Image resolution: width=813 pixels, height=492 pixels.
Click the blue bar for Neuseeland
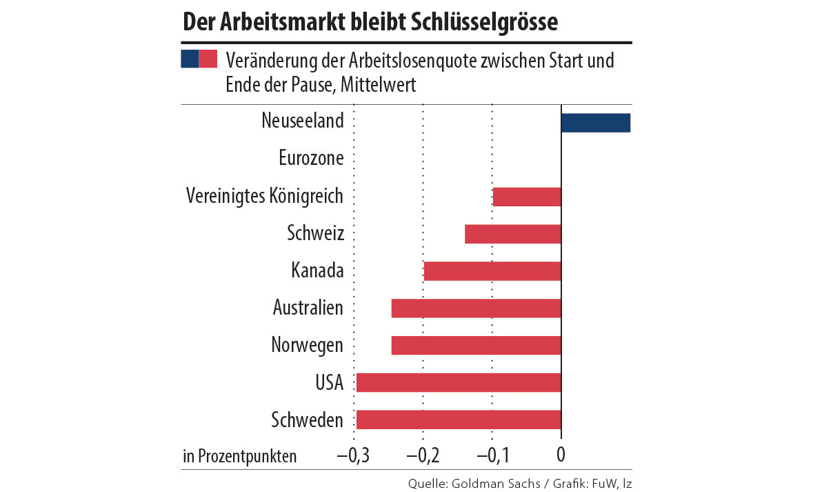click(596, 122)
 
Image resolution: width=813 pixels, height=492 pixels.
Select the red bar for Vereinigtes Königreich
click(527, 197)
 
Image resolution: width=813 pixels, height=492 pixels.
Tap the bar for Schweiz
click(513, 234)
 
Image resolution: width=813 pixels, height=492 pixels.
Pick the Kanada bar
click(492, 271)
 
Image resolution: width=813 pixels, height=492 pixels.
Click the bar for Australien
click(476, 308)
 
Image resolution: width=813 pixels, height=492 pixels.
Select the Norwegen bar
click(476, 346)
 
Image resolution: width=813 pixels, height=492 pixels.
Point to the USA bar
click(459, 383)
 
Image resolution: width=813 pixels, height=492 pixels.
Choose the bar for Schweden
click(459, 420)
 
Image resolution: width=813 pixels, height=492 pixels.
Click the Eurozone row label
click(311, 158)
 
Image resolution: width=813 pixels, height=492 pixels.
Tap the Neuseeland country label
click(303, 121)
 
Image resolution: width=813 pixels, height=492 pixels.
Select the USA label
click(329, 382)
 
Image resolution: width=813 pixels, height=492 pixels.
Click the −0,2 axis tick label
click(423, 455)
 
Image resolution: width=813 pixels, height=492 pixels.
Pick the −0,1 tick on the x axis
click(492, 455)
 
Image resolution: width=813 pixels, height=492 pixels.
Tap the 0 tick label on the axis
click(561, 455)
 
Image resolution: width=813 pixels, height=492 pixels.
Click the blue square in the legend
click(190, 59)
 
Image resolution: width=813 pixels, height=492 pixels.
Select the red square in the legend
click(208, 59)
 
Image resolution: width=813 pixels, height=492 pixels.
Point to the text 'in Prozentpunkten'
click(240, 456)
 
